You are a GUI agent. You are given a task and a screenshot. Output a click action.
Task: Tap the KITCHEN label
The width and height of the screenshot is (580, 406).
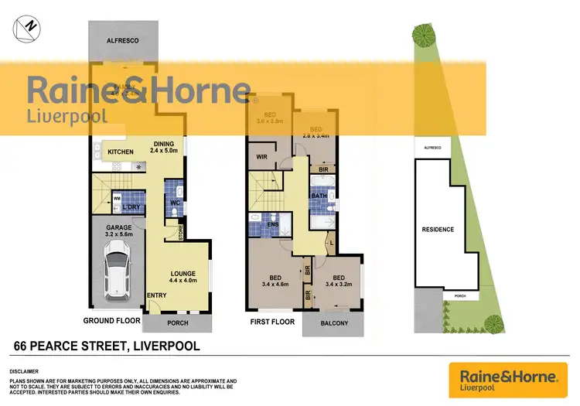coord(121,152)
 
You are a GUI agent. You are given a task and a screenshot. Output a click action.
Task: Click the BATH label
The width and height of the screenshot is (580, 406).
coord(319,196)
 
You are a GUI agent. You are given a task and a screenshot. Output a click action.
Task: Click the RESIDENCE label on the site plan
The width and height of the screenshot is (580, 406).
coord(438,230)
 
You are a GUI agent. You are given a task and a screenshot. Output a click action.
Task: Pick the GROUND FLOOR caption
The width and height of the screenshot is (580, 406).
coord(112,319)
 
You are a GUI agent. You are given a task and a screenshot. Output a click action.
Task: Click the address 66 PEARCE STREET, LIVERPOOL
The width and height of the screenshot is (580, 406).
coord(107,346)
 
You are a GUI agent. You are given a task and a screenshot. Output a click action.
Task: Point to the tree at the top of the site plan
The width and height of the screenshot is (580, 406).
coord(423,34)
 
